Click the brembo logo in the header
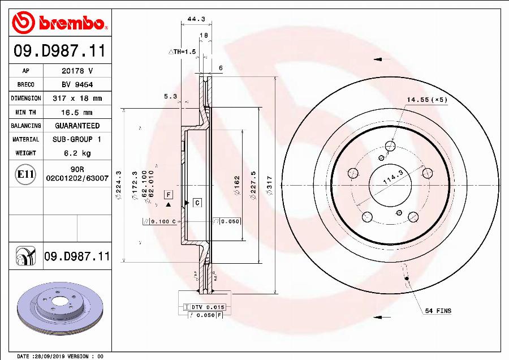coord(59,23)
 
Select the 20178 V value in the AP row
coord(77,71)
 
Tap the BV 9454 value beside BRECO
coord(77,84)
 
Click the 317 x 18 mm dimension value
coord(77,98)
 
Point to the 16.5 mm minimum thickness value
coord(77,112)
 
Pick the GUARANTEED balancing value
coord(77,126)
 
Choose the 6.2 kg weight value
coord(77,153)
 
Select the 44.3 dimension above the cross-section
coord(196,19)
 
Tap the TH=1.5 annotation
coord(182,52)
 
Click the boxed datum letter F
coord(168,194)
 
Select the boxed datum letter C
coord(197,202)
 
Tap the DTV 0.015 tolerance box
coord(205,307)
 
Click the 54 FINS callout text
coord(438,311)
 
